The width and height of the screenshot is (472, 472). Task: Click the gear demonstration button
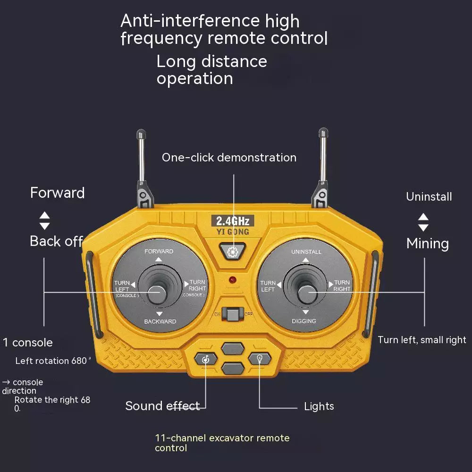click(x=232, y=252)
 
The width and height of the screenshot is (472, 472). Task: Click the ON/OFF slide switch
click(x=232, y=313)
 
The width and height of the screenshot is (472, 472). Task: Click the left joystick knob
click(x=156, y=293)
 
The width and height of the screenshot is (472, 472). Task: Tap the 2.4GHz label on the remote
click(x=232, y=220)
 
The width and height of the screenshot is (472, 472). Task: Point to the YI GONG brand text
click(x=232, y=232)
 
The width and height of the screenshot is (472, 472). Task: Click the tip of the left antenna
click(x=140, y=134)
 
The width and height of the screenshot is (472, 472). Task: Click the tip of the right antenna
click(x=323, y=132)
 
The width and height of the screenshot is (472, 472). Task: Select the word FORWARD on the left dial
click(x=159, y=251)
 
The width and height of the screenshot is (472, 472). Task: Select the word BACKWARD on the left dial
click(x=160, y=321)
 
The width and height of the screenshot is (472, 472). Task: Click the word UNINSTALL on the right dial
click(x=306, y=252)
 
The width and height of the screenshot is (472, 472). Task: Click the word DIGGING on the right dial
click(x=304, y=321)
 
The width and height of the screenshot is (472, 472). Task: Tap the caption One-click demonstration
click(x=229, y=158)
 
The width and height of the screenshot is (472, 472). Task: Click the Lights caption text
click(x=319, y=406)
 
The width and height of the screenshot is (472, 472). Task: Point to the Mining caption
click(x=427, y=244)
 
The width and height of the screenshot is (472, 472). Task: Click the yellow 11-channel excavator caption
click(x=222, y=443)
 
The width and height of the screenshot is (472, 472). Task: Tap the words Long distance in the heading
click(x=211, y=61)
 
